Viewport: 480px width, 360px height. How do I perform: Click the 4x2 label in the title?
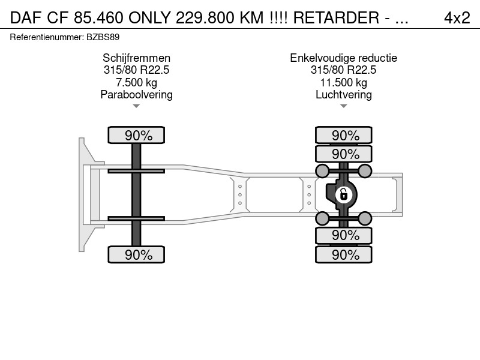457,18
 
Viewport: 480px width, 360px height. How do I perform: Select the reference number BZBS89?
103,37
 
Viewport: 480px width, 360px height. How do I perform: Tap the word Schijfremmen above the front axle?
136,58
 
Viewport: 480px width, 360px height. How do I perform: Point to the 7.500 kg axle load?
136,82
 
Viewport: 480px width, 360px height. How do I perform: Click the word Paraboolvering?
136,95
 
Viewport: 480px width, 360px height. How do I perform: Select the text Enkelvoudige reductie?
343,58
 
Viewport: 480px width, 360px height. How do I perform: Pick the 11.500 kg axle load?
343,82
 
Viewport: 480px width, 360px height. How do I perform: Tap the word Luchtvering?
343,95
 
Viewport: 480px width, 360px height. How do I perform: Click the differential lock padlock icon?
343,194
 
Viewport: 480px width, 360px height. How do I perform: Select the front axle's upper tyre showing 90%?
136,135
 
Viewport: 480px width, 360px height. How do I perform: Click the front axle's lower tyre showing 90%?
136,254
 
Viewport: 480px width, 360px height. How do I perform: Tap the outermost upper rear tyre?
343,135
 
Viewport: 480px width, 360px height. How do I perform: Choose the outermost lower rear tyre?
343,254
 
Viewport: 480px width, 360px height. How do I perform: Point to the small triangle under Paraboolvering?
136,106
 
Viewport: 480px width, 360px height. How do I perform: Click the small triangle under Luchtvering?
343,106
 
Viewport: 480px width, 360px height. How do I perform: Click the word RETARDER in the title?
336,18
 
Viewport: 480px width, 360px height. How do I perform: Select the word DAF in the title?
26,18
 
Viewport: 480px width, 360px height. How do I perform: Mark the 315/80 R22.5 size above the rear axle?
343,70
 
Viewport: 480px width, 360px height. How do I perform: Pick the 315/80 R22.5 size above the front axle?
136,70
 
